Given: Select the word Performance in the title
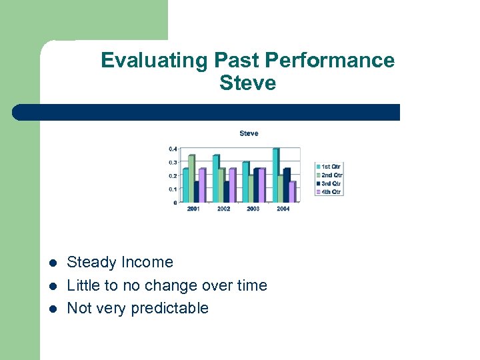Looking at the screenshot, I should click(330, 61).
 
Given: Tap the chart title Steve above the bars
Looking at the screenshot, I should click(249, 133).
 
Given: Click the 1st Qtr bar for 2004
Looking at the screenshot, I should click(276, 175).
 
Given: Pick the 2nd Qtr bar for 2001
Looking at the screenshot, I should click(191, 179).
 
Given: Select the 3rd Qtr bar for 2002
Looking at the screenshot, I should click(227, 191).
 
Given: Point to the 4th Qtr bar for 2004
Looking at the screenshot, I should click(292, 191).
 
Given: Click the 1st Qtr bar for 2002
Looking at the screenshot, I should click(215, 179).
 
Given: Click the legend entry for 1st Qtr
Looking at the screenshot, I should click(329, 166).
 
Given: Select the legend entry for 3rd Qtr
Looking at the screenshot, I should click(329, 183).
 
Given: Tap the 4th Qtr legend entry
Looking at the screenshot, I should click(329, 192).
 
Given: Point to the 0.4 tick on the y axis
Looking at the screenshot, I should click(173, 149).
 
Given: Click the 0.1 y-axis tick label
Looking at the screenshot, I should click(173, 189).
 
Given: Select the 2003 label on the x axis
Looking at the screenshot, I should click(253, 209).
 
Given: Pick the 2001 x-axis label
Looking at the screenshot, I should click(193, 209).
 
